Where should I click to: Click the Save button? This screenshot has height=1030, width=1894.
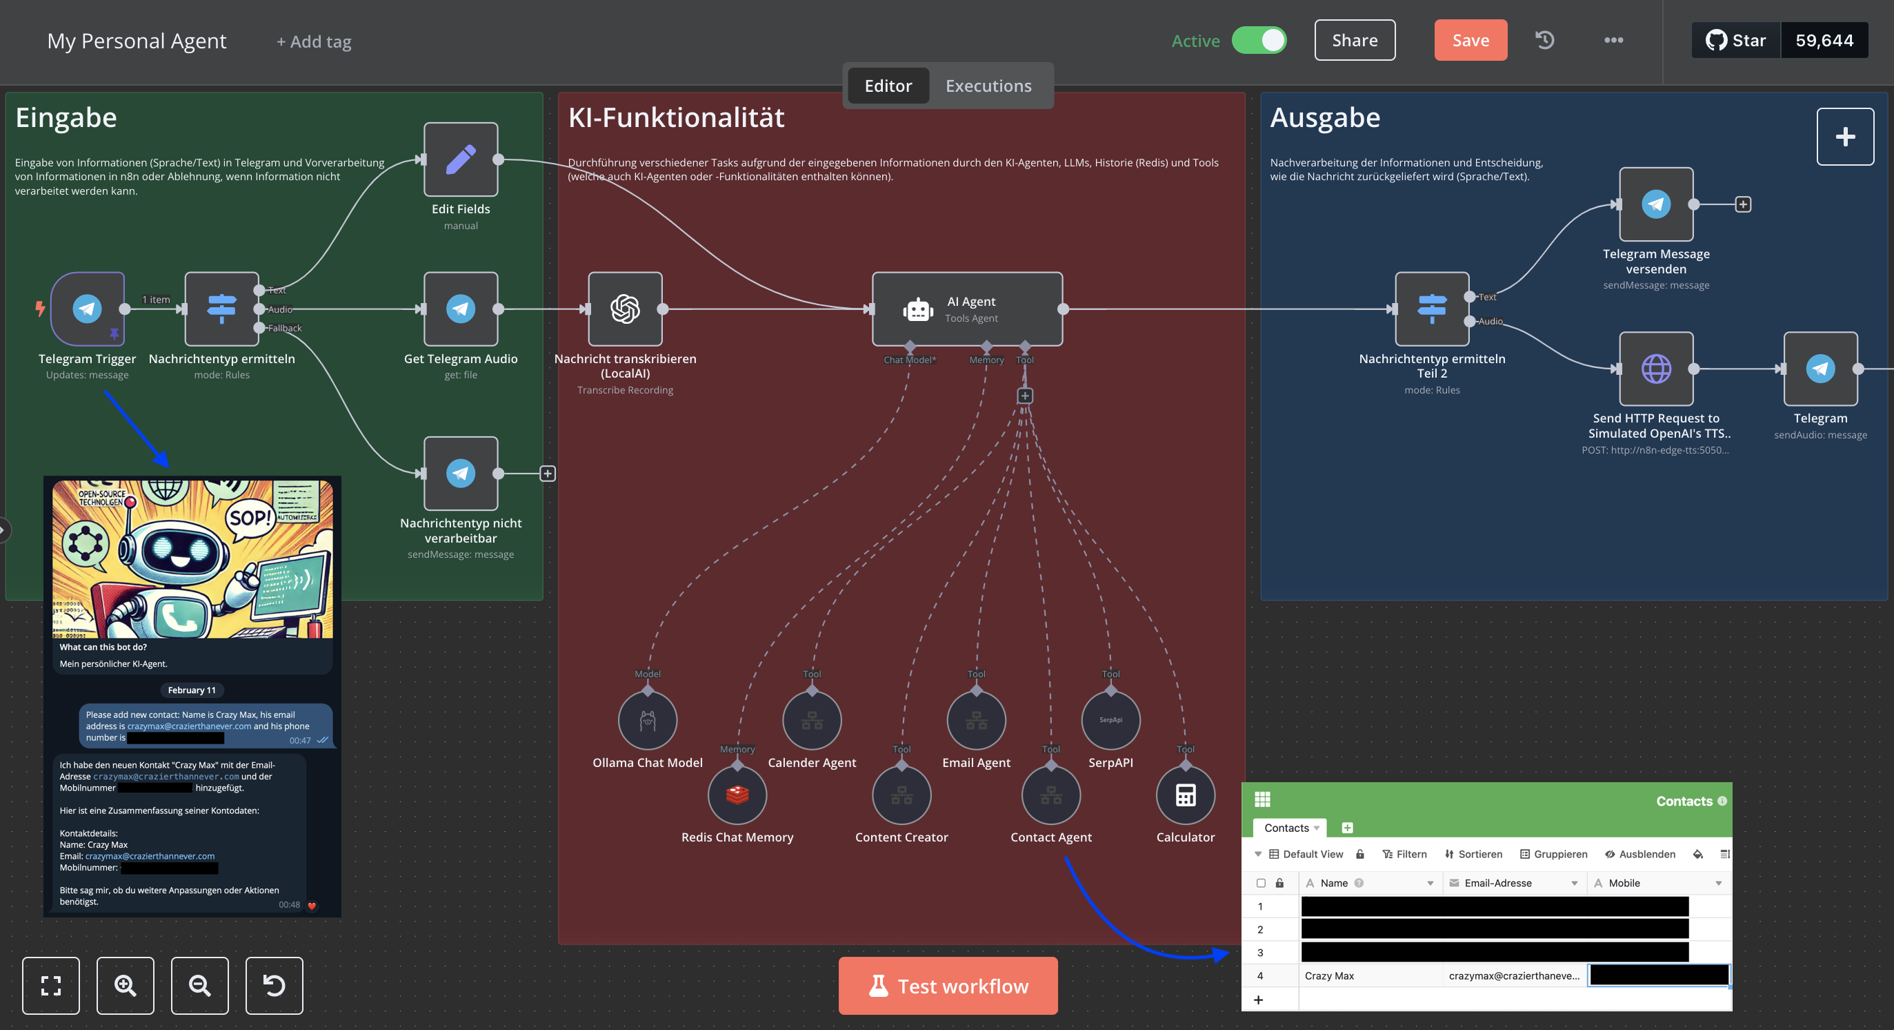pyautogui.click(x=1470, y=41)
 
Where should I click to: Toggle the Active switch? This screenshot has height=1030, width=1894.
pyautogui.click(x=1259, y=41)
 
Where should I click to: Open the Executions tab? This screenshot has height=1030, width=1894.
pyautogui.click(x=988, y=86)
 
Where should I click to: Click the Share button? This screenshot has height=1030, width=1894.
pyautogui.click(x=1355, y=41)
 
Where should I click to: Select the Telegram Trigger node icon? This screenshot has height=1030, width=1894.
pyautogui.click(x=88, y=309)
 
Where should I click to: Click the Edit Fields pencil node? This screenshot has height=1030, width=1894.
pyautogui.click(x=460, y=159)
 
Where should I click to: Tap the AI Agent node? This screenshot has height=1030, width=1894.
pyautogui.click(x=967, y=309)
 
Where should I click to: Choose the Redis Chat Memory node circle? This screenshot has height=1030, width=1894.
pyautogui.click(x=737, y=795)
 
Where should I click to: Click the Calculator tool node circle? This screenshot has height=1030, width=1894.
pyautogui.click(x=1185, y=795)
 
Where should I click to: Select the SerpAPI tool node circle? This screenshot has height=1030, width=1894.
pyautogui.click(x=1110, y=720)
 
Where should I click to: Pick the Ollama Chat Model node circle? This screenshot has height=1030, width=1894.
pyautogui.click(x=647, y=720)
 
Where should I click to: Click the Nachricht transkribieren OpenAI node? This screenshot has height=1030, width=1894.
pyautogui.click(x=625, y=309)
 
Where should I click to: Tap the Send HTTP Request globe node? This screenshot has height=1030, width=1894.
pyautogui.click(x=1656, y=369)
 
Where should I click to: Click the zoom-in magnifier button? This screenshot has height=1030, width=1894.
pyautogui.click(x=125, y=985)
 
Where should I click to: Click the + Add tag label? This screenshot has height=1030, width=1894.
pyautogui.click(x=314, y=42)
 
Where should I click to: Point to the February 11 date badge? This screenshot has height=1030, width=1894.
pyautogui.click(x=192, y=690)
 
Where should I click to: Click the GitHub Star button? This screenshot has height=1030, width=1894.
pyautogui.click(x=1736, y=41)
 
